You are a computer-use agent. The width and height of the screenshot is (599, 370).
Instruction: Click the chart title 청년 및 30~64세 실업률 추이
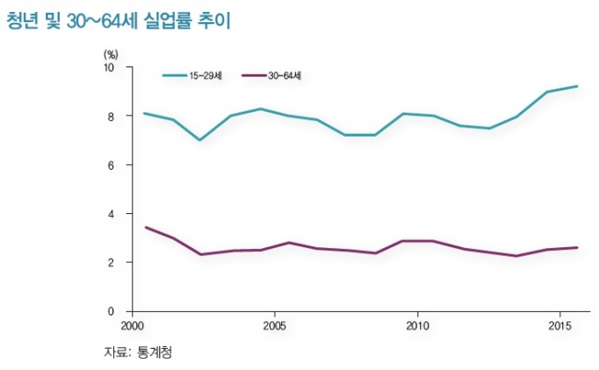coord(119,20)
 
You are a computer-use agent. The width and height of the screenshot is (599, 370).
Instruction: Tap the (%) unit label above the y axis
coord(111,54)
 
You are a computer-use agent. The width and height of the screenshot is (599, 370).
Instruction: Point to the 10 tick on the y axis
coord(109,67)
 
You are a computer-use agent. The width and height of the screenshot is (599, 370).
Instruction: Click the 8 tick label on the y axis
coord(112,116)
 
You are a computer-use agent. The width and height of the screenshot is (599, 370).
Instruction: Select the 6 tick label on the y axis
coord(112,165)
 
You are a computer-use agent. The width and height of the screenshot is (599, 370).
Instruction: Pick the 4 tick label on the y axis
coord(112,214)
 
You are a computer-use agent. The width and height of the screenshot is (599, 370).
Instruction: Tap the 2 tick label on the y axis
coord(112,262)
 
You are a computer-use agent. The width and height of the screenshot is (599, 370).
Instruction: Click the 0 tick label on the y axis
coord(112,312)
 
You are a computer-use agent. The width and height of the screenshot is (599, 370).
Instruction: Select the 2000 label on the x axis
coord(132,327)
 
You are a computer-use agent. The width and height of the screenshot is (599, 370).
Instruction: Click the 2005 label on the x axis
coord(275,327)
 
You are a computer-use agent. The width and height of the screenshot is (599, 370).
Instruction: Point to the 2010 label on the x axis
coord(417,327)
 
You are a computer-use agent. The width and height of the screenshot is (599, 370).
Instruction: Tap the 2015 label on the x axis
coord(560,327)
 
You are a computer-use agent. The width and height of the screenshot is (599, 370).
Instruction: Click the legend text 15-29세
coord(206,76)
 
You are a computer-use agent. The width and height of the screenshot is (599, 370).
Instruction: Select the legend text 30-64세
coord(285,76)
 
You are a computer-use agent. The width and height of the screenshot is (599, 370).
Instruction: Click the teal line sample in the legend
coord(175,76)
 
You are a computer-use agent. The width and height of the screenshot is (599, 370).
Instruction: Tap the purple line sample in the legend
coord(254,76)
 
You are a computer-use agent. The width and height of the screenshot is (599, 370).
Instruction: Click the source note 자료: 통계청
coord(138,352)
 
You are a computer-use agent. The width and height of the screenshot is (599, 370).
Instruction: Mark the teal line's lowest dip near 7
coord(200,140)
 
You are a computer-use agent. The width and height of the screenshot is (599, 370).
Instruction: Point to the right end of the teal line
coord(577,86)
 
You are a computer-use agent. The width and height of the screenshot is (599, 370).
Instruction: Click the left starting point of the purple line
coord(146,227)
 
